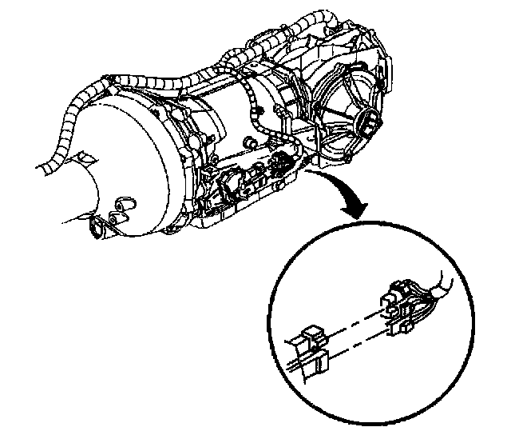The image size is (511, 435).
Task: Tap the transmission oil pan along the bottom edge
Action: coord(240,210)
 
